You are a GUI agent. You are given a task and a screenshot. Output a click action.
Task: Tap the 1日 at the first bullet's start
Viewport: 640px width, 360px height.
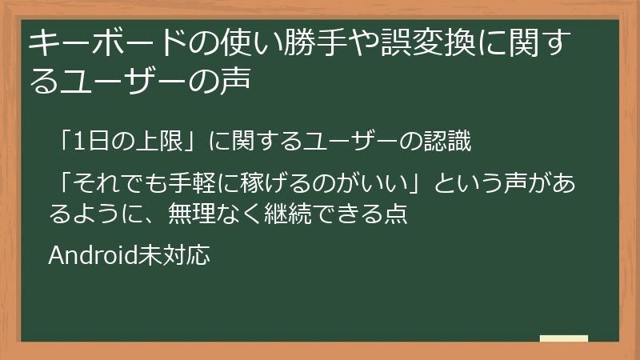[84, 142]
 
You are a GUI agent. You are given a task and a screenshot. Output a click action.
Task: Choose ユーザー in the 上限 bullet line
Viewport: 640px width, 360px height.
[347, 142]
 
